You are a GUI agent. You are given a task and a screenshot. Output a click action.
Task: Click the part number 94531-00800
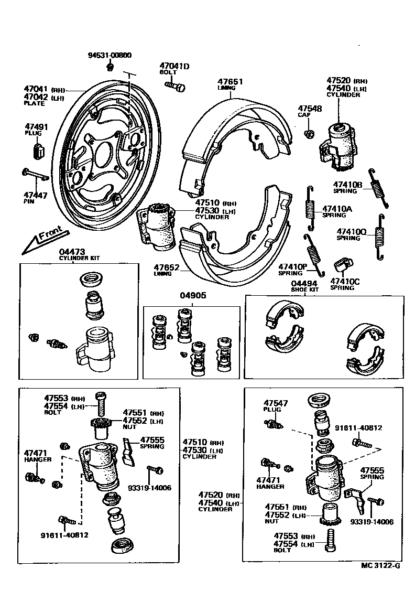pos(110,55)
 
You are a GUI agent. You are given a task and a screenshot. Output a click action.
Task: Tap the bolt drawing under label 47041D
pos(175,84)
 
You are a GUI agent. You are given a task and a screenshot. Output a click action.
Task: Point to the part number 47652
pos(167,267)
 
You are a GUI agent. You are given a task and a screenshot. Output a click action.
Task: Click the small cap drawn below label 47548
pos(310,134)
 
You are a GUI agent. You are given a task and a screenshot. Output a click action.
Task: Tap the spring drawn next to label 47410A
pos(310,208)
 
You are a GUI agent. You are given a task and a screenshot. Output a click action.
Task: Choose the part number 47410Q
pos(352,231)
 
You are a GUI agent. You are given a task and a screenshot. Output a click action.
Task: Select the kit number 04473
pos(72,252)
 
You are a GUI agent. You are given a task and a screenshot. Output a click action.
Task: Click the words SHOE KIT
pos(305,289)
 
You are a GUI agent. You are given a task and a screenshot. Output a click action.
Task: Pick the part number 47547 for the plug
pos(276,403)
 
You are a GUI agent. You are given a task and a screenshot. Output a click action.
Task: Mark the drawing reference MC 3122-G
pos(380,566)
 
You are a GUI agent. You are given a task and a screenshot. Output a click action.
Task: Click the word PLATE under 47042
pos(35,104)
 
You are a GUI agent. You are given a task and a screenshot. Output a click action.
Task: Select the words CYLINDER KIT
pos(79,258)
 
